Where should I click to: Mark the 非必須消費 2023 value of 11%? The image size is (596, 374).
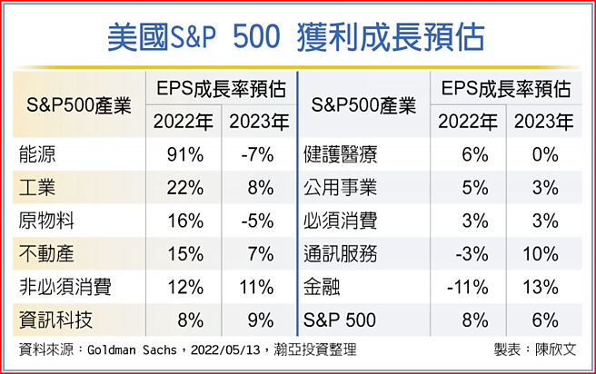point(257,288)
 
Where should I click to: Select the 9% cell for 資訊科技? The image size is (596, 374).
point(260,320)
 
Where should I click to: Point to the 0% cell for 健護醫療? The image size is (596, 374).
point(544,155)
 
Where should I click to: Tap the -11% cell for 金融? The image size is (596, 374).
point(468,288)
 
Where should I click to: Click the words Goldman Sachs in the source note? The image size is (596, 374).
point(137,351)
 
